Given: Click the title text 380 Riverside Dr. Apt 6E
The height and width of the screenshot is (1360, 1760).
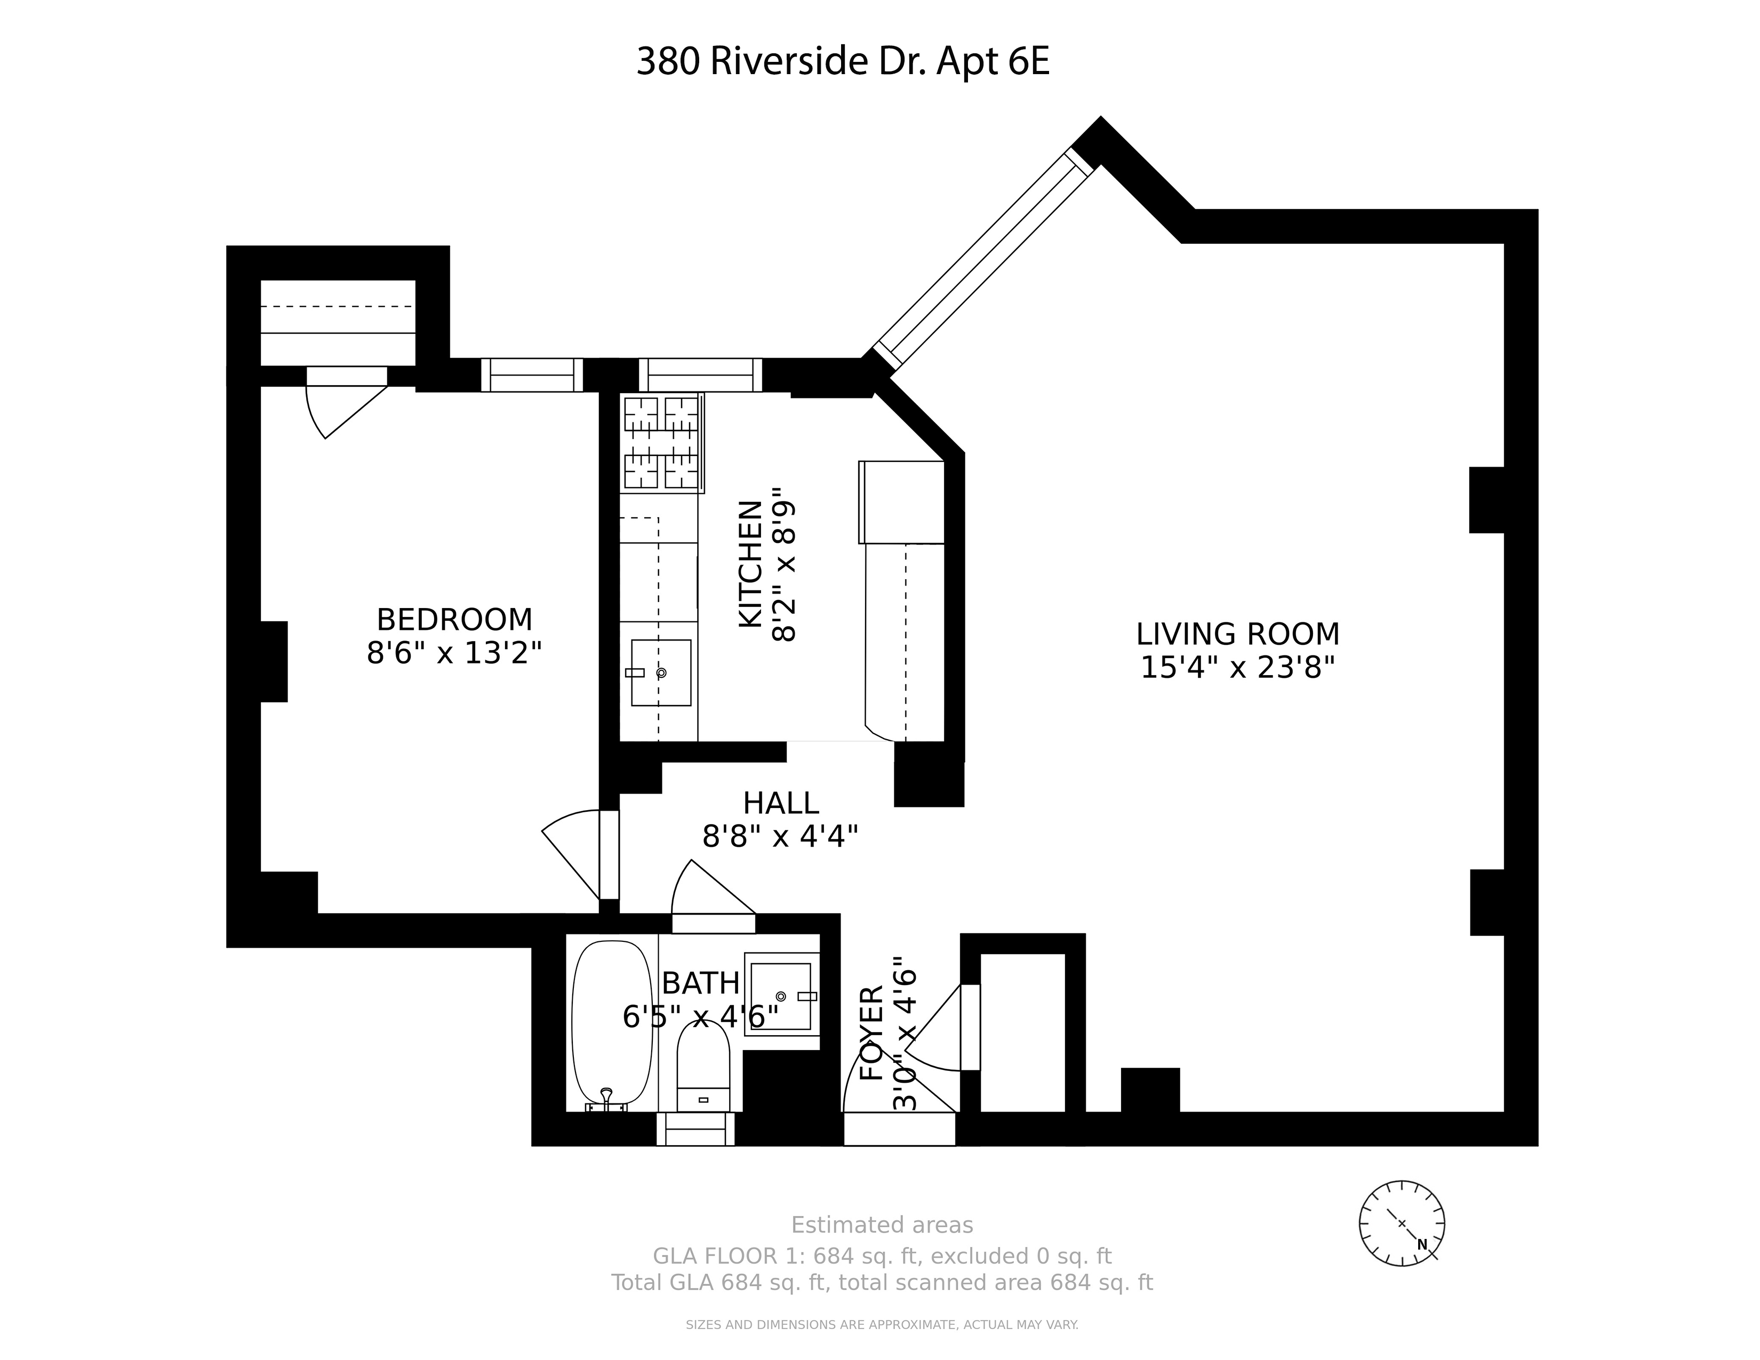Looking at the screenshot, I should (842, 62).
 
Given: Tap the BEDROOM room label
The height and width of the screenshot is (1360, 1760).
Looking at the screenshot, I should (454, 620).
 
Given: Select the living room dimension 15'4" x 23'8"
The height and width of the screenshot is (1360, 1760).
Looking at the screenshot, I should (1237, 668).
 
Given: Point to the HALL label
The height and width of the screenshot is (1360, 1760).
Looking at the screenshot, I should (780, 803).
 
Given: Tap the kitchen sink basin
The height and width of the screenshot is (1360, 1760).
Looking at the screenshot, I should (661, 673).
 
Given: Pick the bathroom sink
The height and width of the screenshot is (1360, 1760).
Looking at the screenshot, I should (780, 997).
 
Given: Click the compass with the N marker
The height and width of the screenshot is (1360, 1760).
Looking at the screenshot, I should (1402, 1223).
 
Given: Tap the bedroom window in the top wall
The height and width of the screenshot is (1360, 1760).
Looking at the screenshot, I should (532, 374).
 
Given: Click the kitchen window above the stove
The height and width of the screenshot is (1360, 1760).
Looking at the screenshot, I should (700, 374).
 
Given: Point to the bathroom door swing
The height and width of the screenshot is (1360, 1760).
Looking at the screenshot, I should (709, 890).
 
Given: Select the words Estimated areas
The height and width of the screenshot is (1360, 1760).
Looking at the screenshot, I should (882, 1226).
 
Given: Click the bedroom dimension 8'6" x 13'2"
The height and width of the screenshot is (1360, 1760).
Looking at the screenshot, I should (454, 653).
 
